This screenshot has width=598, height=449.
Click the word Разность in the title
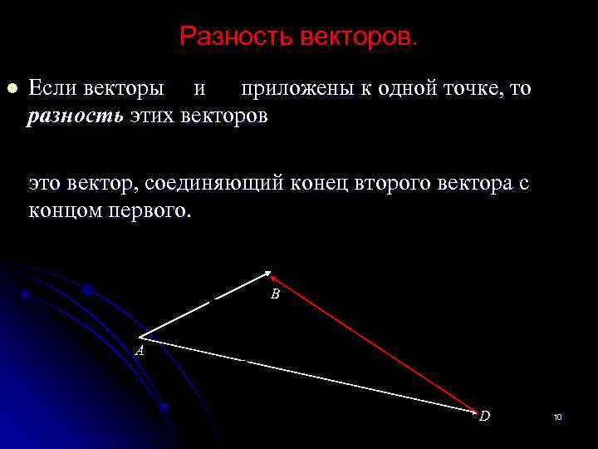coord(227,36)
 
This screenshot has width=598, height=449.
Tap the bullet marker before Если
coord(12,88)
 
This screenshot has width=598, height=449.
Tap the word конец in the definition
coord(323,183)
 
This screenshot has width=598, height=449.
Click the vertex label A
coord(140,351)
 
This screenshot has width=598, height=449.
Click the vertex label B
coord(275,294)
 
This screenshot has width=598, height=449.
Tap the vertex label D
coord(484,416)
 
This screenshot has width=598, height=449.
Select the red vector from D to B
coord(374,343)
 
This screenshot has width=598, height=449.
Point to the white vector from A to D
coord(307,374)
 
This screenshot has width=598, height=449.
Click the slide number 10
coord(557,417)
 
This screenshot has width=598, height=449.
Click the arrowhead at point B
coord(268,273)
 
